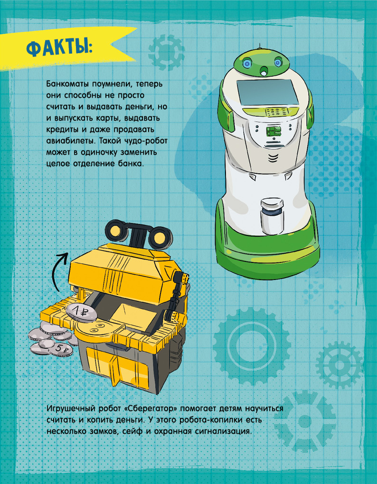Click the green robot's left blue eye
click(x=247, y=64)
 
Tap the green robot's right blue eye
click(x=278, y=63)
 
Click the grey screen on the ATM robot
click(x=267, y=93)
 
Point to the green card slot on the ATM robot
click(x=273, y=131)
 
